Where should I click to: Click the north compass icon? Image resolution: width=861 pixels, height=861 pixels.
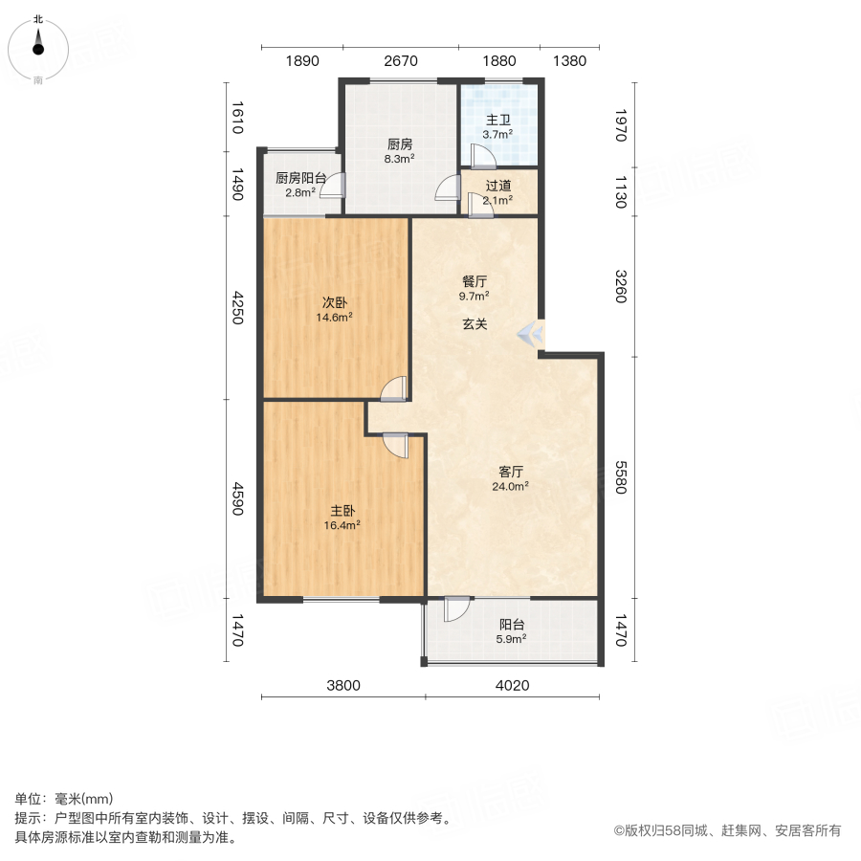click(x=38, y=45)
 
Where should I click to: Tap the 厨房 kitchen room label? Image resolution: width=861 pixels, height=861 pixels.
click(x=400, y=143)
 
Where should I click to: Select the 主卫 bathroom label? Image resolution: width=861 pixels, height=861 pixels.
click(x=497, y=121)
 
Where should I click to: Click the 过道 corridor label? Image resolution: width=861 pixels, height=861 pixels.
click(x=497, y=186)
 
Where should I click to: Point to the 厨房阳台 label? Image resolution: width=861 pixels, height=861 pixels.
click(x=300, y=178)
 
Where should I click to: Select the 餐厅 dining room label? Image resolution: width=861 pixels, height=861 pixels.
click(x=475, y=282)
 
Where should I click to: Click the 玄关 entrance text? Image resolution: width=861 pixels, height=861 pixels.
click(x=475, y=324)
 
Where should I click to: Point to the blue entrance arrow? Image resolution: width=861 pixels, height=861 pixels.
click(x=529, y=334)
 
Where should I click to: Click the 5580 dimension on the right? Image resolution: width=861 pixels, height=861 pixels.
click(x=621, y=479)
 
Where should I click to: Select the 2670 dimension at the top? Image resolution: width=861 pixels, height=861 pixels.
click(x=401, y=61)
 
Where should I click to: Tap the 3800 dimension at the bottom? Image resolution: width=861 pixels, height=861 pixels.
click(x=343, y=685)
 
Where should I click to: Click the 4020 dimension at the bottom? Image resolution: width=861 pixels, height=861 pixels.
click(x=512, y=685)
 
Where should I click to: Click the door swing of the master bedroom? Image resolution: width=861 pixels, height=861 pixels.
click(x=396, y=445)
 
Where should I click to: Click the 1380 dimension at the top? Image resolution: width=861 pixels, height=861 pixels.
click(x=569, y=61)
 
